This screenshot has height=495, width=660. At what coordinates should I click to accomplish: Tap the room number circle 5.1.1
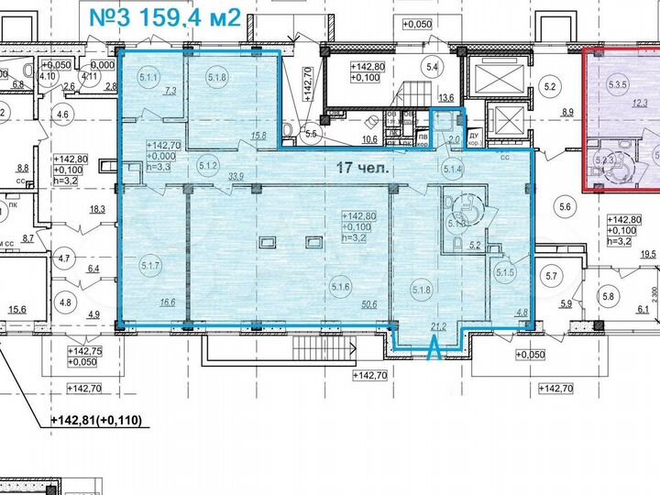point(148,78)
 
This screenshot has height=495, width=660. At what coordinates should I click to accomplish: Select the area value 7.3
point(170,92)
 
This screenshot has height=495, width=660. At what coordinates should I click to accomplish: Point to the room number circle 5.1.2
point(207,166)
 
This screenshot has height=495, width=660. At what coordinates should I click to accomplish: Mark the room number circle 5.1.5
point(505,272)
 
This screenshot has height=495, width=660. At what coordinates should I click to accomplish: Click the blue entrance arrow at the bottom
point(434,348)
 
